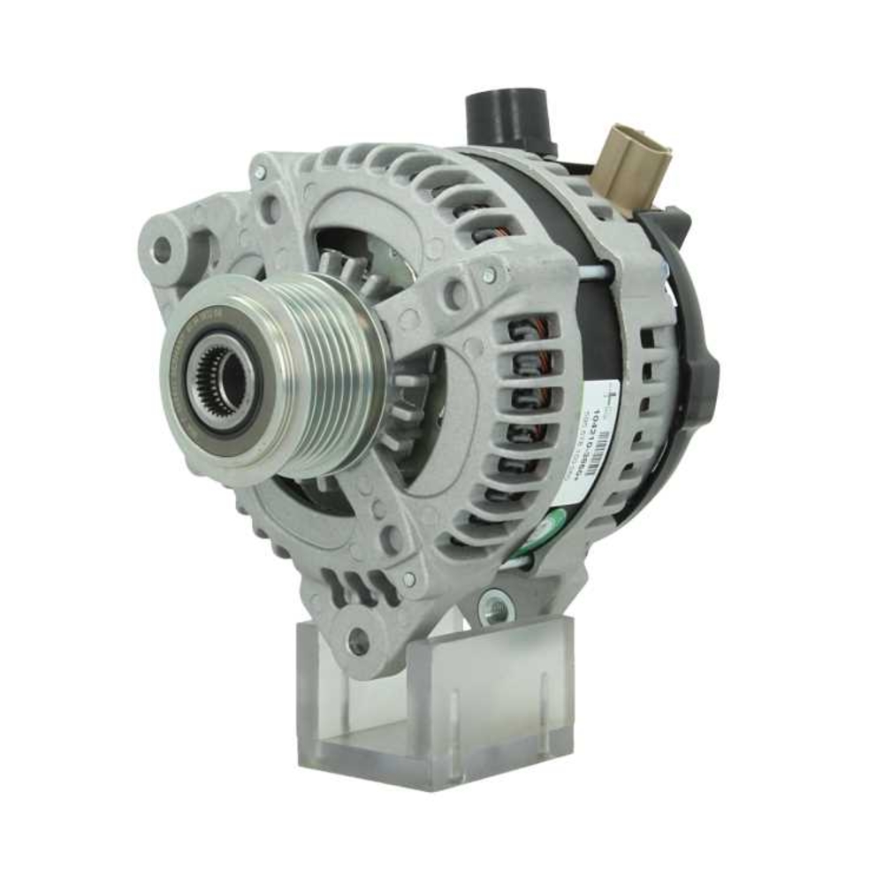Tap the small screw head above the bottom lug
[x=408, y=579]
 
